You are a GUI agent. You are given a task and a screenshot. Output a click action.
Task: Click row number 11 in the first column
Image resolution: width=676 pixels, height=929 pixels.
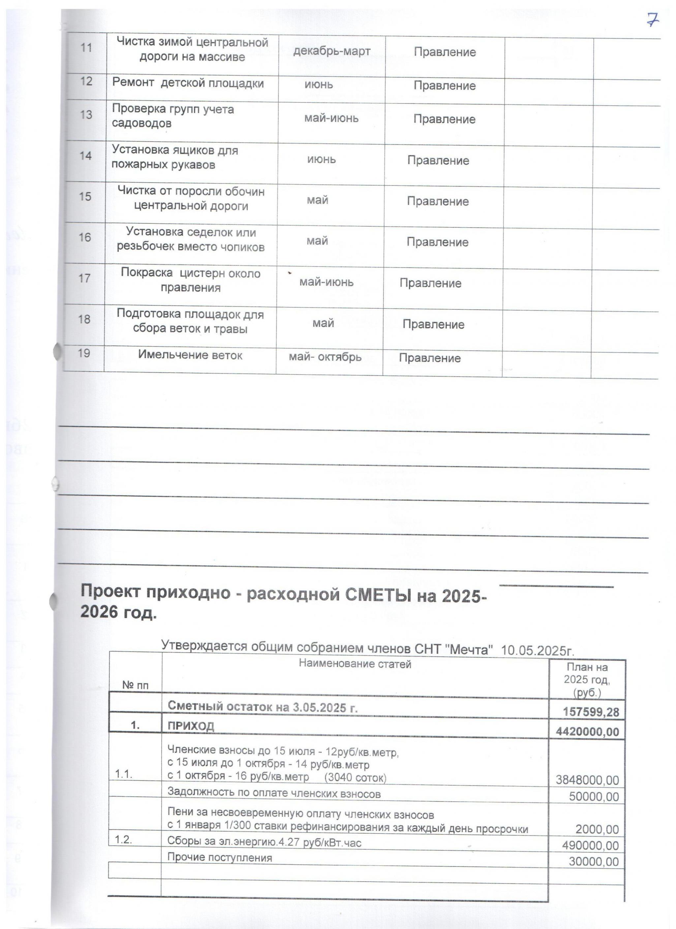point(86,47)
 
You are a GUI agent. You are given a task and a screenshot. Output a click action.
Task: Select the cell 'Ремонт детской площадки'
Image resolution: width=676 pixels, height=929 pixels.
point(188,83)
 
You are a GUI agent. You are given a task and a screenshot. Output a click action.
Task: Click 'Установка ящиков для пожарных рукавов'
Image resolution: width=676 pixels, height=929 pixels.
point(175,157)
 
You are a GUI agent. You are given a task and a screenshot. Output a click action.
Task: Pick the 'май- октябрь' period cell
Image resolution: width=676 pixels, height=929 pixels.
point(325,357)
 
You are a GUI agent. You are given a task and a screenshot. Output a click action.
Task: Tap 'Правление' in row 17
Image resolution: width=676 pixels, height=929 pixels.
point(430,283)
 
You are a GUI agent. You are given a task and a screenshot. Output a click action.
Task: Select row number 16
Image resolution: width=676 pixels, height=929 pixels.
point(85,237)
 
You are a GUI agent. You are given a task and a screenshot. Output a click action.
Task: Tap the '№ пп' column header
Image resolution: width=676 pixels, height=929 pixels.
point(135,685)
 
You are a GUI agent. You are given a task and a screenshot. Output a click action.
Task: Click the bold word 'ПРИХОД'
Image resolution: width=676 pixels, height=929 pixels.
point(191,726)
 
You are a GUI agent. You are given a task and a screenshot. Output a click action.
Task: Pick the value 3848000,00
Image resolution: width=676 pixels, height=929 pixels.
point(587,780)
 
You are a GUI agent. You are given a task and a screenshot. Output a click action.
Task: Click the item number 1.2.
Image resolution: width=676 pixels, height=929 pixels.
point(123,839)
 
